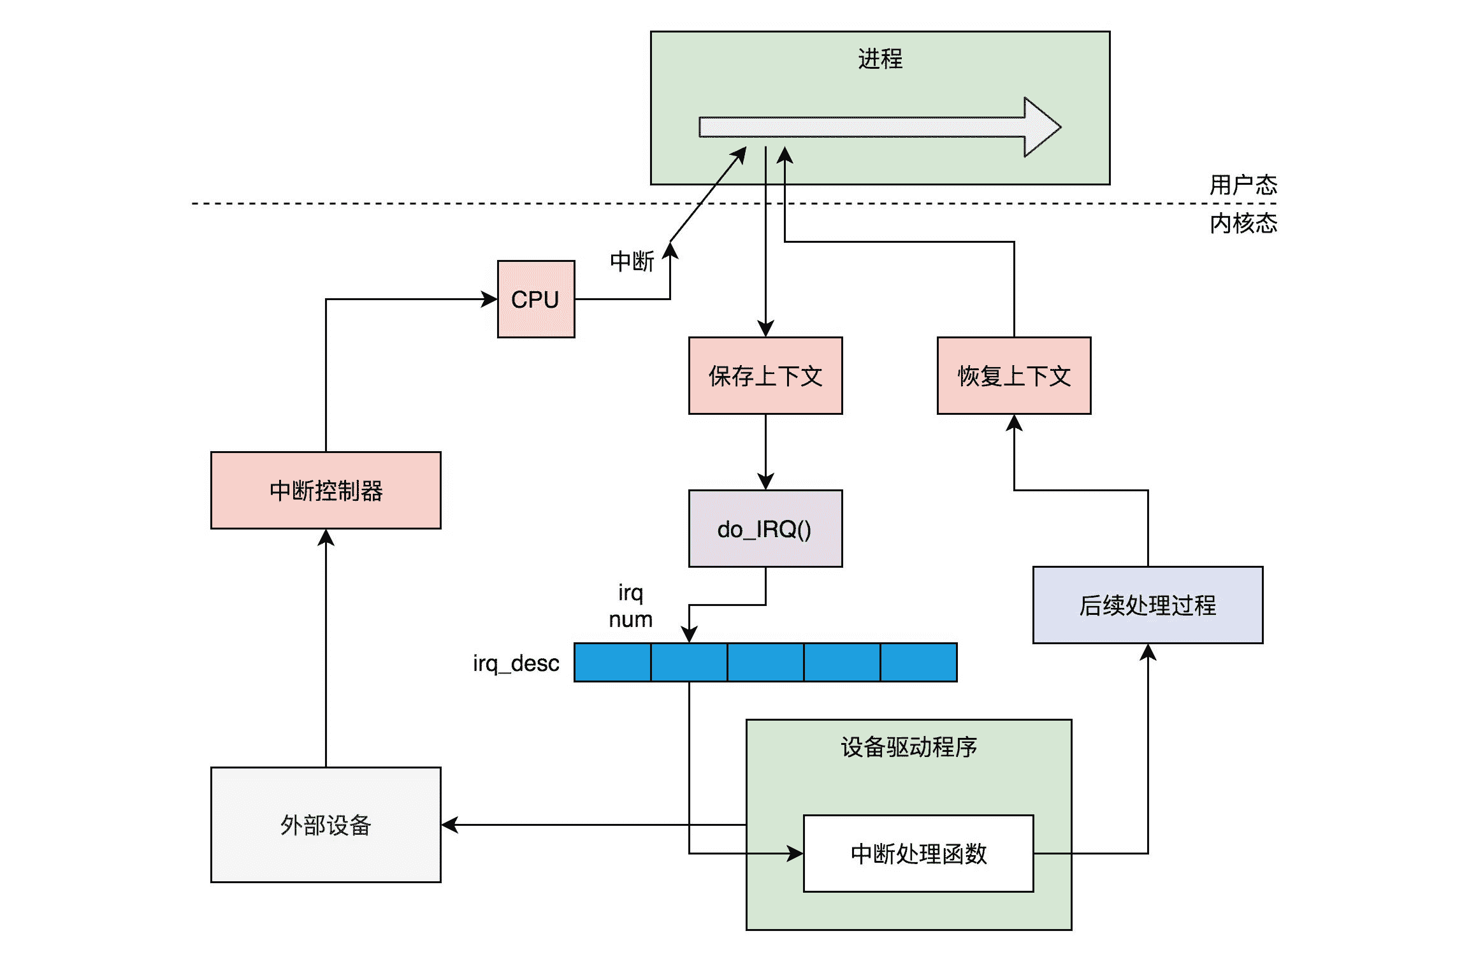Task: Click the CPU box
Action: [x=535, y=299]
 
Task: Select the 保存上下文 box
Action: [x=765, y=375]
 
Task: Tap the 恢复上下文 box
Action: [x=1013, y=375]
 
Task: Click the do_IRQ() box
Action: [x=765, y=528]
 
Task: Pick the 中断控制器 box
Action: [x=326, y=490]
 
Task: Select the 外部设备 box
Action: [x=326, y=825]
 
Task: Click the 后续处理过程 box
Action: [x=1147, y=605]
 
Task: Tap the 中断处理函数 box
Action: [x=918, y=853]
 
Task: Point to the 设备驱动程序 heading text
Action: [x=908, y=747]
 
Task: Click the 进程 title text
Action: [x=879, y=59]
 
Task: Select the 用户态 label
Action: [x=1243, y=185]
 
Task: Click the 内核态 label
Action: [x=1243, y=223]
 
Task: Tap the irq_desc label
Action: [x=516, y=663]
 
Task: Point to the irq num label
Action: [x=630, y=606]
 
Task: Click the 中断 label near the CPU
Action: [x=632, y=261]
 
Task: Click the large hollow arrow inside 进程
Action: [x=879, y=127]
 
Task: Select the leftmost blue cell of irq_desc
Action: [x=612, y=663]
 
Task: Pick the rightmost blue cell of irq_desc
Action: [x=918, y=663]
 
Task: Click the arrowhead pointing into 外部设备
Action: [x=450, y=825]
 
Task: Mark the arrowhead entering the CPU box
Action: [x=489, y=299]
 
